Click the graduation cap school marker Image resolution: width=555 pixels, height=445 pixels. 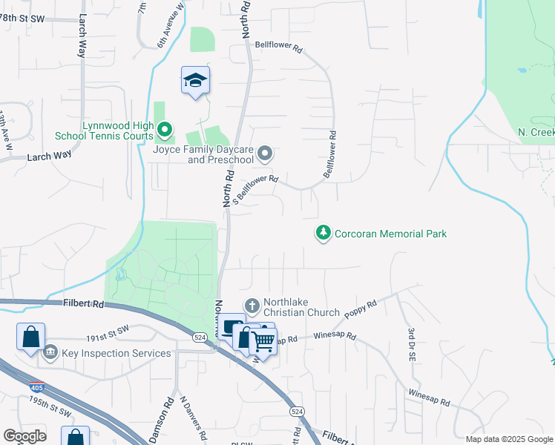click(x=195, y=80)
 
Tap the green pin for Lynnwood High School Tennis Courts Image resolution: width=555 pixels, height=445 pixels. click(x=163, y=131)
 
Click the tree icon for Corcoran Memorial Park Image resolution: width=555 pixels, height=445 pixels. click(x=323, y=233)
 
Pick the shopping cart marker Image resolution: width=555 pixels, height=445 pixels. click(x=263, y=340)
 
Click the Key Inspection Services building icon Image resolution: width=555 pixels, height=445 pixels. click(x=50, y=352)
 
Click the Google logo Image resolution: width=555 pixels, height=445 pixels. click(x=24, y=436)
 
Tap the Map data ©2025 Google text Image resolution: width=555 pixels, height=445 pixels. click(x=508, y=439)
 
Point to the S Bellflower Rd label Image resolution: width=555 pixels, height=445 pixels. click(x=255, y=188)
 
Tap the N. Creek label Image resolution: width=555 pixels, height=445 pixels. click(x=536, y=131)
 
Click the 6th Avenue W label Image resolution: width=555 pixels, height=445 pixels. click(x=170, y=28)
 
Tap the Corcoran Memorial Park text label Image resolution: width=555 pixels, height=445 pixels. click(x=391, y=234)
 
